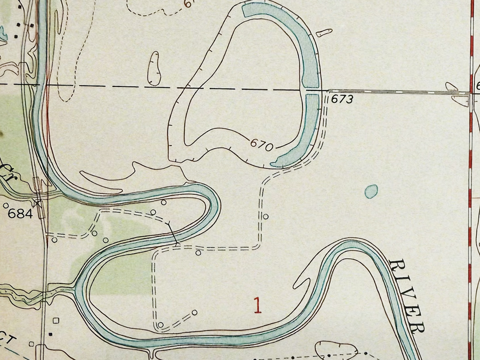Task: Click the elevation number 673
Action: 342,99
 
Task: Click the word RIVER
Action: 406,296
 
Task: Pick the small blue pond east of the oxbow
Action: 372,191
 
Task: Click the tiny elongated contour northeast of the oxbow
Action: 324,33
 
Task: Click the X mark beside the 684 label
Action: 38,204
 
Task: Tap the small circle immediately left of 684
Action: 6,206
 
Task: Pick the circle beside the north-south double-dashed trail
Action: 265,216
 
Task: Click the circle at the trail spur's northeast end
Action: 194,312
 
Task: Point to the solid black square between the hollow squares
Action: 51,334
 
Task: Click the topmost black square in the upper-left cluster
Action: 31,25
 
